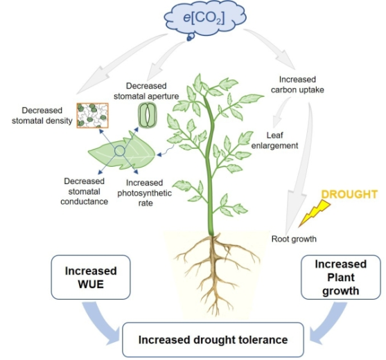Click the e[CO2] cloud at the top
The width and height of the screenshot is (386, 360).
(205, 19)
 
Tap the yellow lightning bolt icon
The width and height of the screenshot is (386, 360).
(314, 213)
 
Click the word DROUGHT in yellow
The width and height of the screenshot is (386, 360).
(349, 195)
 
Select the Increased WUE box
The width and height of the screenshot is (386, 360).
(91, 277)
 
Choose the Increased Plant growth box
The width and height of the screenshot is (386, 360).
(341, 277)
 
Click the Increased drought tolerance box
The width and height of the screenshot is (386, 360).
(213, 340)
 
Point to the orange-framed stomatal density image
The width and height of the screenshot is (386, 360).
(93, 116)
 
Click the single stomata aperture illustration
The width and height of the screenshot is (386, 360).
(147, 115)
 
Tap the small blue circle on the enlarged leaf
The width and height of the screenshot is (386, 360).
(120, 151)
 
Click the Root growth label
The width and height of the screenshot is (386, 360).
(294, 239)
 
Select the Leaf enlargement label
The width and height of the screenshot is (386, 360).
(274, 141)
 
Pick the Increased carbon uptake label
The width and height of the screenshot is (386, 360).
(297, 84)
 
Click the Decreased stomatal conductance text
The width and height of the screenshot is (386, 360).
(84, 191)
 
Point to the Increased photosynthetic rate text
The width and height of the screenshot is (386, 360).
(145, 192)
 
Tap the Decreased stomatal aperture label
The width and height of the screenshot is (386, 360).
(146, 91)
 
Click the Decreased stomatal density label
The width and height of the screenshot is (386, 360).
(42, 116)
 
